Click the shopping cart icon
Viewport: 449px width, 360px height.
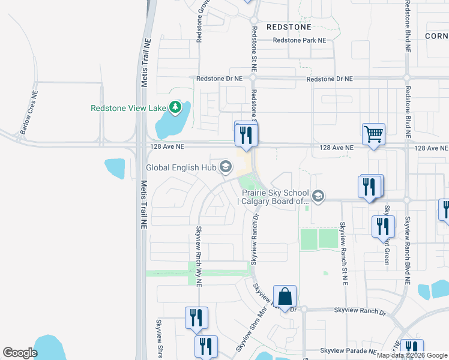click(373, 134)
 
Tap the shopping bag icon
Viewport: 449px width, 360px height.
click(285, 296)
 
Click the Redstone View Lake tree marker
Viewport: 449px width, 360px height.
click(175, 107)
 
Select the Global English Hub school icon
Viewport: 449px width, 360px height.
click(226, 167)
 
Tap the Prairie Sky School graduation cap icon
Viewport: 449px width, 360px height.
click(318, 196)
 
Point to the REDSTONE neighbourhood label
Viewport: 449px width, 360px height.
click(289, 27)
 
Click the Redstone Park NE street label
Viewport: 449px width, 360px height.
click(299, 40)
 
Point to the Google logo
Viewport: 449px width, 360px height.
click(20, 353)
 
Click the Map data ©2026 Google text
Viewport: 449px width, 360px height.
click(412, 355)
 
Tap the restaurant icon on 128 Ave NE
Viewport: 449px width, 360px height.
click(245, 134)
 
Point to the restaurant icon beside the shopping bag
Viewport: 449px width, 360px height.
click(196, 317)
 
